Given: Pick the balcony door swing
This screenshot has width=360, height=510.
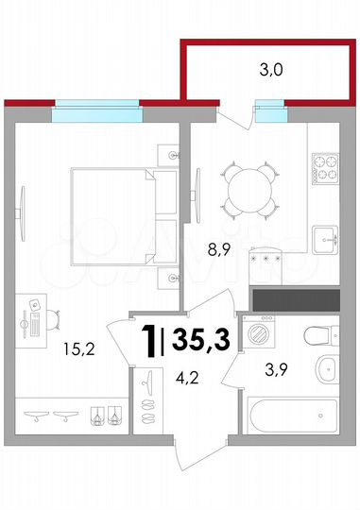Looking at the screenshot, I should click(x=236, y=118).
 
